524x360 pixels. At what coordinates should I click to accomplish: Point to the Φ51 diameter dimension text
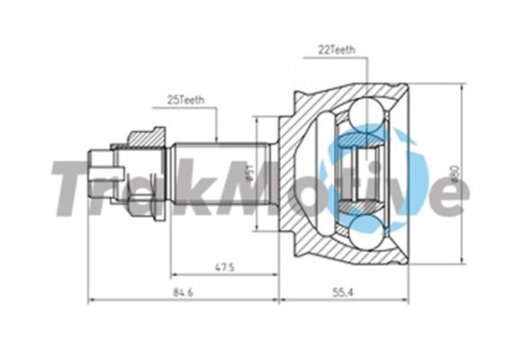click(x=249, y=171)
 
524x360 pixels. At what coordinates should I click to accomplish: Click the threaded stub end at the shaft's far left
click(x=101, y=168)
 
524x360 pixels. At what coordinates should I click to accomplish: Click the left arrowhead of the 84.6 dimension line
click(x=90, y=298)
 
